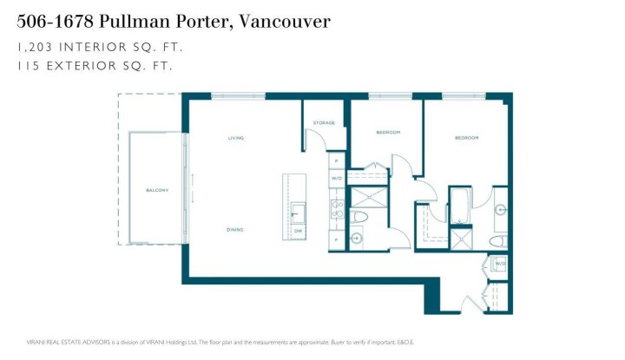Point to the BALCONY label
coord(157,190)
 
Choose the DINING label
coord(235,230)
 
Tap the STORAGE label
coord(325,122)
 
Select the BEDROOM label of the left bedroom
coord(388,132)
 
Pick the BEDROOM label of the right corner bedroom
coord(466,138)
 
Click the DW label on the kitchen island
coord(298,231)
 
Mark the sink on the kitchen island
coord(298,212)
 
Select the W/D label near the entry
coord(499,264)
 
